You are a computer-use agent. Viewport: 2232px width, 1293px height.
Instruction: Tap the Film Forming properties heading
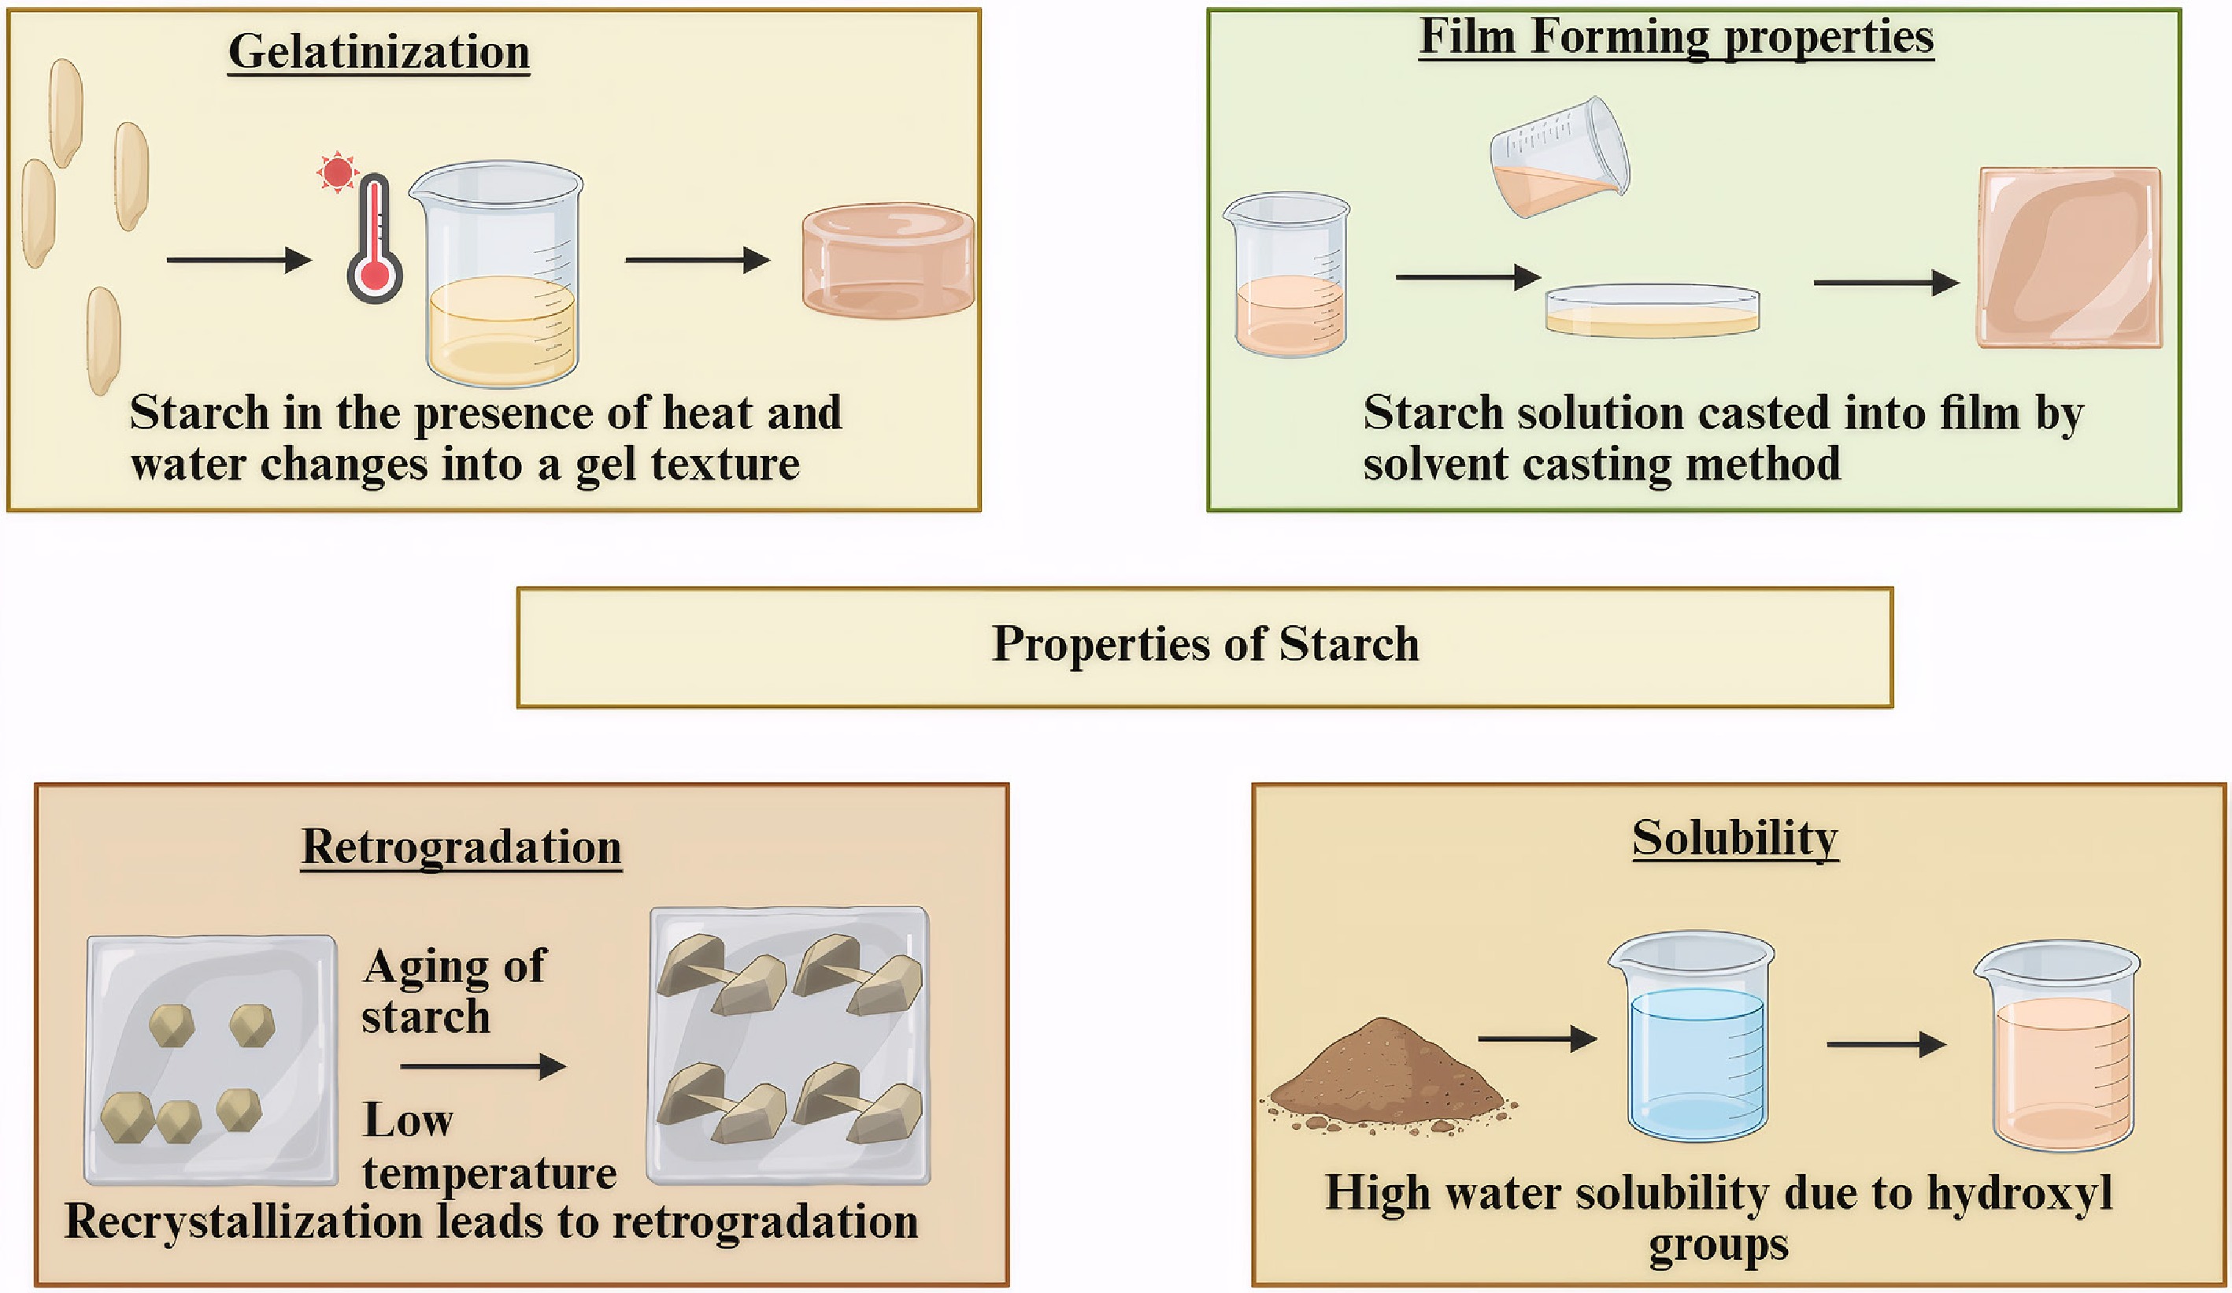pyautogui.click(x=1677, y=39)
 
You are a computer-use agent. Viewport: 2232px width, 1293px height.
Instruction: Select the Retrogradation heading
pyautogui.click(x=461, y=847)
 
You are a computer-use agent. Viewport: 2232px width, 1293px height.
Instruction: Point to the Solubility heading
pyautogui.click(x=1735, y=839)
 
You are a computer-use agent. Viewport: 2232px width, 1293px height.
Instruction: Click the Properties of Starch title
pyautogui.click(x=1205, y=644)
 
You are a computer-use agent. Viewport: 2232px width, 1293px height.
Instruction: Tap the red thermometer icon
pyautogui.click(x=375, y=237)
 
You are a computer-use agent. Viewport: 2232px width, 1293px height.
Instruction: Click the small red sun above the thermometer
pyautogui.click(x=337, y=172)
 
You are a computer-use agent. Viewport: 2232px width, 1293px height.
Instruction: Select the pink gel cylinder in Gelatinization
pyautogui.click(x=888, y=261)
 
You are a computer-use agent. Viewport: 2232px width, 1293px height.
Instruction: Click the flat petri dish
pyautogui.click(x=1653, y=310)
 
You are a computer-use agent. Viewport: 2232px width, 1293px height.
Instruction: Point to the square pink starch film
pyautogui.click(x=2070, y=257)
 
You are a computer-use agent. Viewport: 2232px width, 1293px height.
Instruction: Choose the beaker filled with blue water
pyautogui.click(x=1693, y=1036)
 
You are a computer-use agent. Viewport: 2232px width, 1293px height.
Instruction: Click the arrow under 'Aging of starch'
pyautogui.click(x=483, y=1066)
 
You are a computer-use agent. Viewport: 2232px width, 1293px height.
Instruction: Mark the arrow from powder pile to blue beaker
pyautogui.click(x=1538, y=1038)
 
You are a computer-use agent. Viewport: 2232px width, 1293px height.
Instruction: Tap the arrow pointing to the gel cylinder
pyautogui.click(x=698, y=261)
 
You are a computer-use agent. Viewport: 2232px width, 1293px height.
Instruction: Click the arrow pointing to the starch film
pyautogui.click(x=1886, y=283)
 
